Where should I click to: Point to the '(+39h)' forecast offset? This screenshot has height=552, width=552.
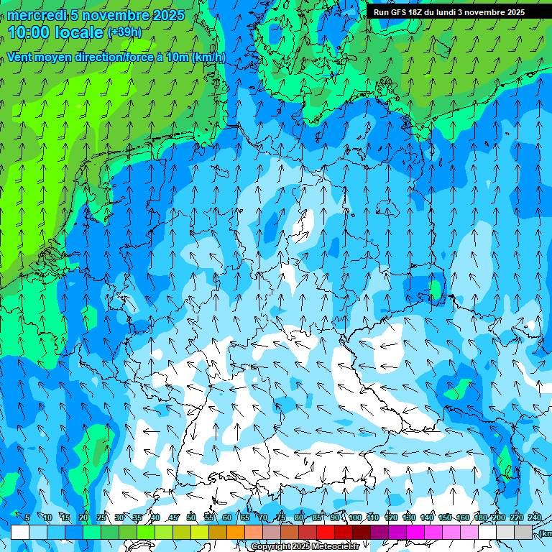124,32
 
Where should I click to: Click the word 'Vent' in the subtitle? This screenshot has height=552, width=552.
21,57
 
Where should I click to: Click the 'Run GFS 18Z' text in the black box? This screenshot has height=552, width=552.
398,12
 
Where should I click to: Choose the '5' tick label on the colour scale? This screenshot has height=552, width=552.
27,517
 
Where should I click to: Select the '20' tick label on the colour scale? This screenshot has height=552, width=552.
83,517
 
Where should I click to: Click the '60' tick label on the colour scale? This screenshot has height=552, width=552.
227,517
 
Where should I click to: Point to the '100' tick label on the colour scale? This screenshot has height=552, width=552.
355,517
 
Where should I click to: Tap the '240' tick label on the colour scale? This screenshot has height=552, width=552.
535,517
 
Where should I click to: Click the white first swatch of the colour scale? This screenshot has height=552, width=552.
20,532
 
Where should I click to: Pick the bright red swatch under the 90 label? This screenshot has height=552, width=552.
326,532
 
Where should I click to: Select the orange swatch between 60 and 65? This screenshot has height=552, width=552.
236,532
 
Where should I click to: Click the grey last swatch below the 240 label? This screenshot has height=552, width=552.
523,532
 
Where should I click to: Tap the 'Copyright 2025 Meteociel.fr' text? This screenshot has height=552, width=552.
305,547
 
